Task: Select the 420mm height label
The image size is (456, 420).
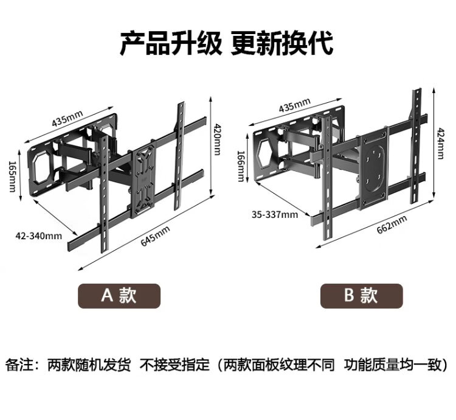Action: pyautogui.click(x=217, y=139)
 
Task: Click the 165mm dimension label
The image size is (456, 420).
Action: pyautogui.click(x=12, y=176)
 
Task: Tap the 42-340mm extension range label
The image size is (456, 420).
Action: pyautogui.click(x=39, y=235)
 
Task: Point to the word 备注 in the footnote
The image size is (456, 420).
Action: pyautogui.click(x=18, y=365)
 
